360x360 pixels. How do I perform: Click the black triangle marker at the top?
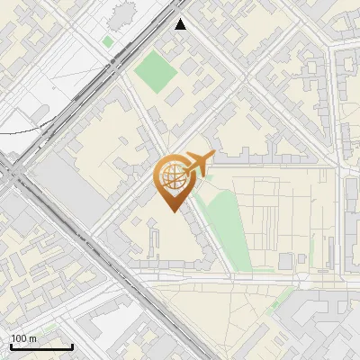click(x=181, y=24)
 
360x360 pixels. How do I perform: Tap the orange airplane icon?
click(x=199, y=164)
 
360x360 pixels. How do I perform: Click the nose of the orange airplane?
click(x=215, y=157)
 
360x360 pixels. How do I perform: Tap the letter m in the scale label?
click(x=33, y=337)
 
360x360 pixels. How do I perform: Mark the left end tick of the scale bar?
click(x=11, y=346)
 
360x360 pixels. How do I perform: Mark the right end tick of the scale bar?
click(x=72, y=346)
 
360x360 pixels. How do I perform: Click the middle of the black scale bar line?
click(x=41, y=347)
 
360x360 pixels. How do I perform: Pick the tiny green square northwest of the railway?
click(x=108, y=41)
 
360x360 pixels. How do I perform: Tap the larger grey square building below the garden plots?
click(x=286, y=261)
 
